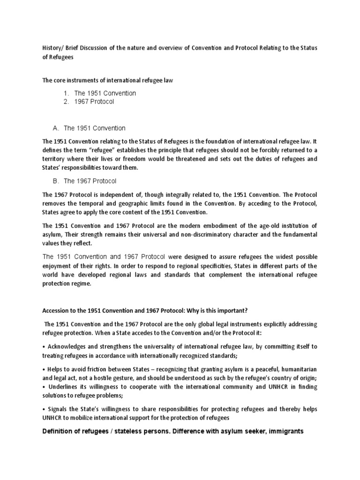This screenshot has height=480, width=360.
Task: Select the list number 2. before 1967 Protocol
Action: tap(67, 102)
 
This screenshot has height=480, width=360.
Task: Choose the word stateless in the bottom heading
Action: tap(131, 431)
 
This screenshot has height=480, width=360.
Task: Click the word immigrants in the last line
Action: tap(285, 431)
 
